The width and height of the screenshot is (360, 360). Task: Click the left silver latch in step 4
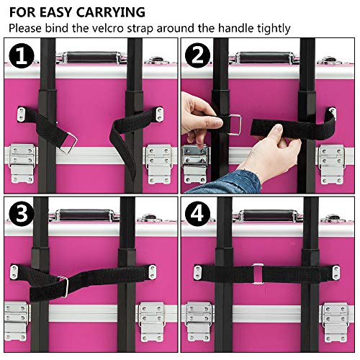click(x=199, y=320)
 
